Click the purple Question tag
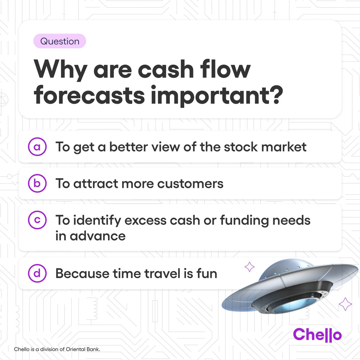60,41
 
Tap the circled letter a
37,147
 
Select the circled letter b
37,183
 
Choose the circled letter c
37,220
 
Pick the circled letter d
37,273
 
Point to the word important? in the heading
217,96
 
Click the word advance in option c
97,236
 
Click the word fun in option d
207,274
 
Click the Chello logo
317,334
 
